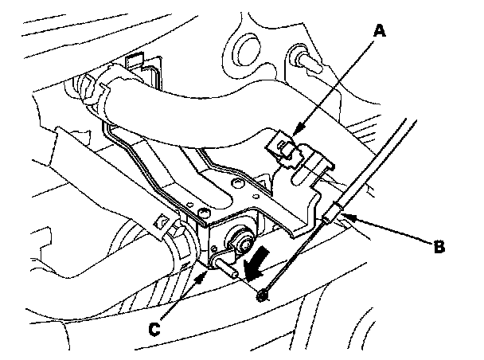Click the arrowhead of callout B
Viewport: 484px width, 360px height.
(344, 214)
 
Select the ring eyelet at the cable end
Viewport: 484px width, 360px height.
(263, 296)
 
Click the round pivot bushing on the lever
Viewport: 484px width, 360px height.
(240, 237)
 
